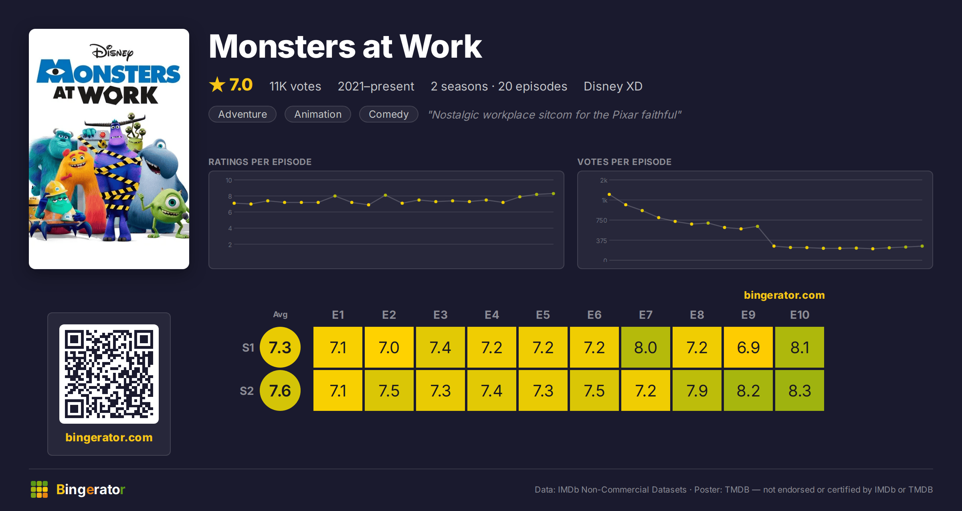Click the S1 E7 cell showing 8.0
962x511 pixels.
click(645, 347)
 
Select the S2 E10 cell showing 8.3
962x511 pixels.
click(799, 390)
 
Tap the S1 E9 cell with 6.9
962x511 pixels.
click(748, 347)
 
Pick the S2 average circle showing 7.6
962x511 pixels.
click(280, 390)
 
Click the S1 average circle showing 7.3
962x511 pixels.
click(280, 347)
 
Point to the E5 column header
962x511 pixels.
click(543, 315)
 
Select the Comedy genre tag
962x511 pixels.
click(388, 114)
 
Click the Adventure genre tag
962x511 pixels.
click(243, 114)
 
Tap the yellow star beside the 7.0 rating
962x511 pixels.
click(217, 84)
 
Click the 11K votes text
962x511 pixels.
click(295, 86)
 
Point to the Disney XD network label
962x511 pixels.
click(613, 86)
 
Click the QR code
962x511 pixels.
click(109, 374)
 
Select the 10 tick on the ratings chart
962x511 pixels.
click(228, 180)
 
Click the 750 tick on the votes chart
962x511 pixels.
click(601, 220)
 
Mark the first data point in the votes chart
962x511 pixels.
click(609, 194)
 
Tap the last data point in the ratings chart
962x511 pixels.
click(554, 194)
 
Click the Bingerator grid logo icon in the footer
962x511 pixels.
click(39, 489)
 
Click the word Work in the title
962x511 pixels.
click(441, 46)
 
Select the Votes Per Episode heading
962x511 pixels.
click(624, 162)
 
